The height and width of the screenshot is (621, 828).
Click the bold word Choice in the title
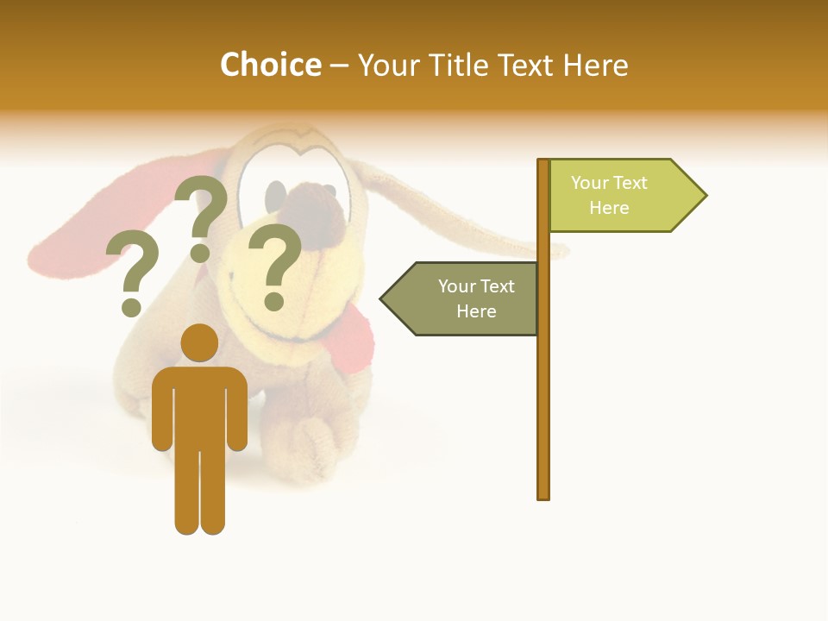coord(270,65)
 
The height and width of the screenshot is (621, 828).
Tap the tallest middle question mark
coord(202,216)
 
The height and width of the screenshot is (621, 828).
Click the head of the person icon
coord(199,342)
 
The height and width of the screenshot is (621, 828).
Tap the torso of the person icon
coord(199,405)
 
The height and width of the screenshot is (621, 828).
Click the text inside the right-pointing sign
coord(609,195)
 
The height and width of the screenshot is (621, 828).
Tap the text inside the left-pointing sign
coord(476,298)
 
